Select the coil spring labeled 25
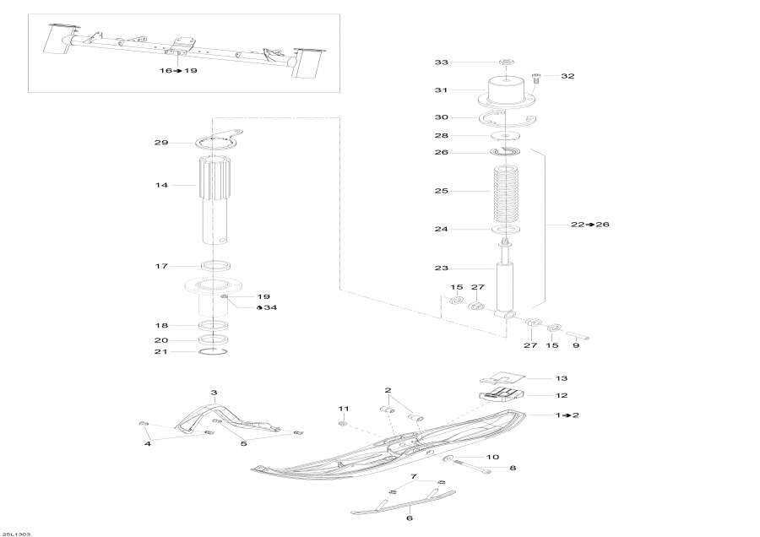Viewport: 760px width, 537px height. click(506, 192)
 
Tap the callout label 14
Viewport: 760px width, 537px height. click(162, 184)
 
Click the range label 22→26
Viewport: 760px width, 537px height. click(590, 225)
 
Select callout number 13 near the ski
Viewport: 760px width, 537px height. click(562, 378)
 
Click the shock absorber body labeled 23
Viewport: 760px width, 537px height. click(507, 287)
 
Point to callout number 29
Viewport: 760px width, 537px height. click(162, 143)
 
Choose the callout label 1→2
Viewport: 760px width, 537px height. click(567, 415)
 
